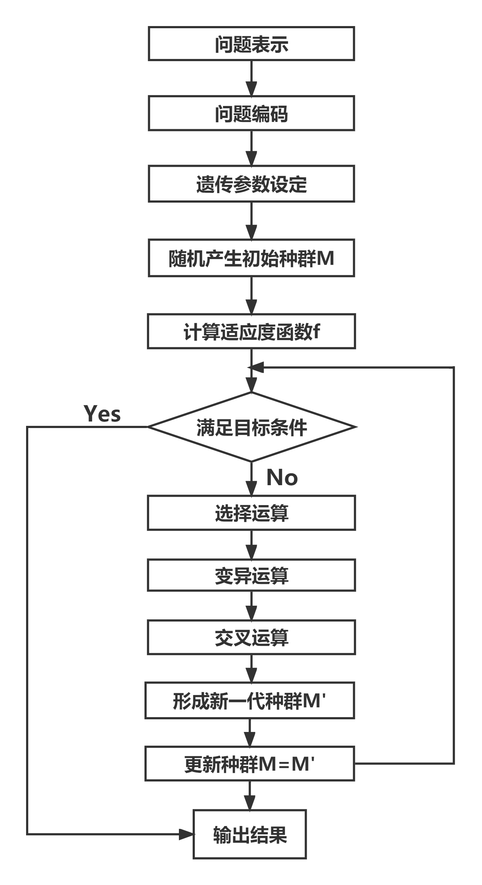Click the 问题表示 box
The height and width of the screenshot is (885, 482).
click(x=251, y=44)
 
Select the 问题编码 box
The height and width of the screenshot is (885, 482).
click(x=251, y=113)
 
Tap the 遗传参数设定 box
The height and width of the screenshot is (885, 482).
click(x=251, y=184)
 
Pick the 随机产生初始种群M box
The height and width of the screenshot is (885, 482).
click(x=251, y=258)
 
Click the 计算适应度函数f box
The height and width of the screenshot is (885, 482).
click(x=251, y=331)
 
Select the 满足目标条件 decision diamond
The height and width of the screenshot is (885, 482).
click(x=251, y=427)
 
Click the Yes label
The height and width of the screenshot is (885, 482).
click(x=102, y=414)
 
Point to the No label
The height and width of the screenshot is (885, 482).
click(x=282, y=477)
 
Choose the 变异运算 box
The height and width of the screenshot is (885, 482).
click(x=251, y=575)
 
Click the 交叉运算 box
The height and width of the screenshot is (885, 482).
click(x=251, y=637)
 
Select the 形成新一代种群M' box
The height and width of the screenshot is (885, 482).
click(x=250, y=701)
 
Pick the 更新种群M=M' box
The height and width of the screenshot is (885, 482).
click(x=250, y=764)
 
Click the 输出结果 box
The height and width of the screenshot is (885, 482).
click(x=250, y=834)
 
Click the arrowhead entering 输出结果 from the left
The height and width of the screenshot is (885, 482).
click(x=187, y=834)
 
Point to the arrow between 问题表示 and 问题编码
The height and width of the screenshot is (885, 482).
click(x=251, y=78)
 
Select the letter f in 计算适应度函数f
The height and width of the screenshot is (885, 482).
click(x=316, y=331)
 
